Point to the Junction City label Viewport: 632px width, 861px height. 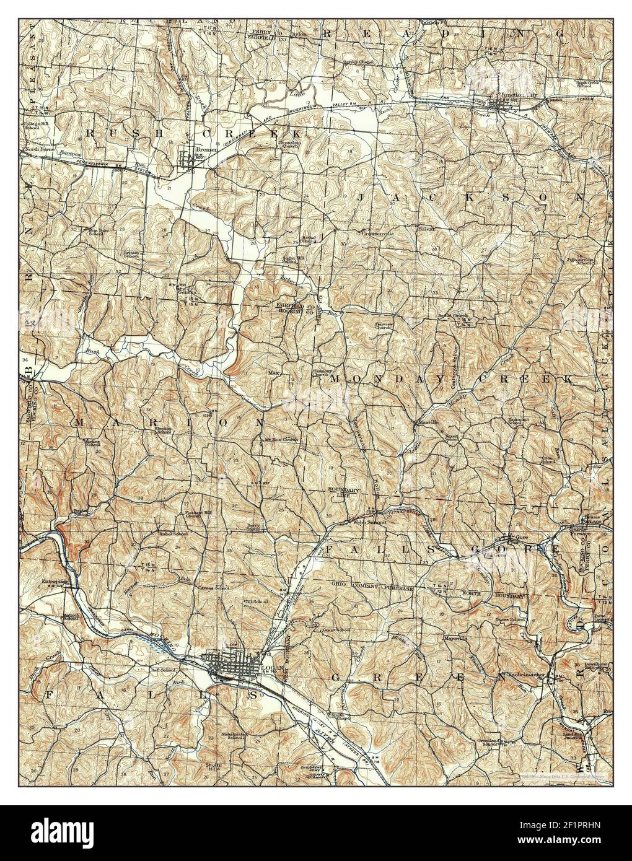511,95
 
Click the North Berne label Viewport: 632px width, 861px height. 36,150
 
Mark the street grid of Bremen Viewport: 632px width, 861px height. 187,160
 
